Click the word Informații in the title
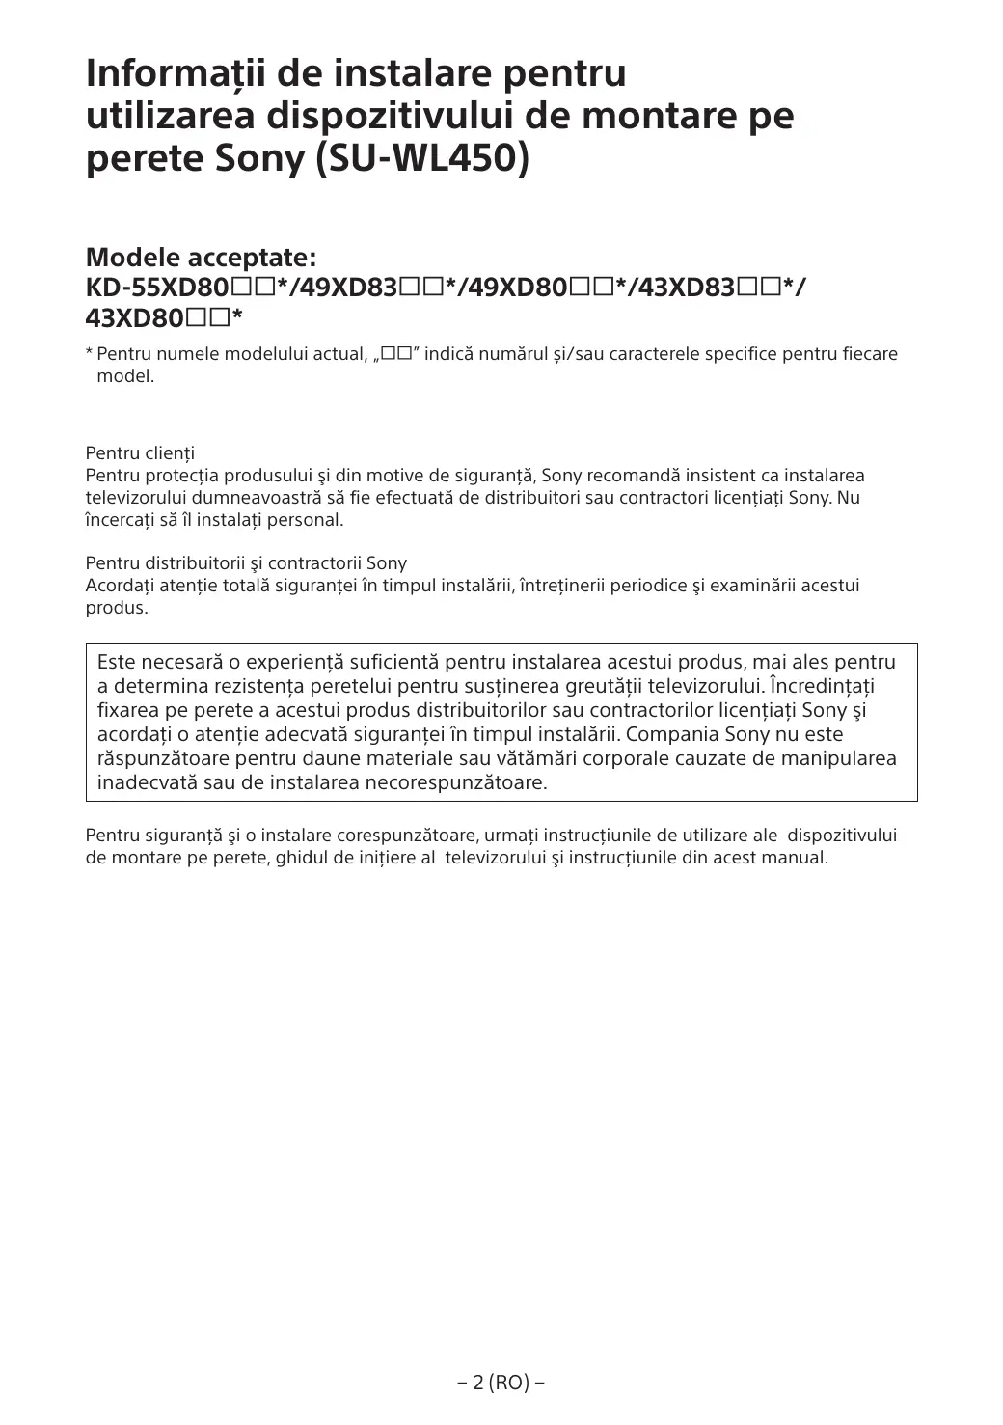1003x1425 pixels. (x=175, y=73)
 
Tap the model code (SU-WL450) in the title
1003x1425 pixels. (x=423, y=159)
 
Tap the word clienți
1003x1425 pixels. (x=170, y=452)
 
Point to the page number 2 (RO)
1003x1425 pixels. (x=501, y=1383)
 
